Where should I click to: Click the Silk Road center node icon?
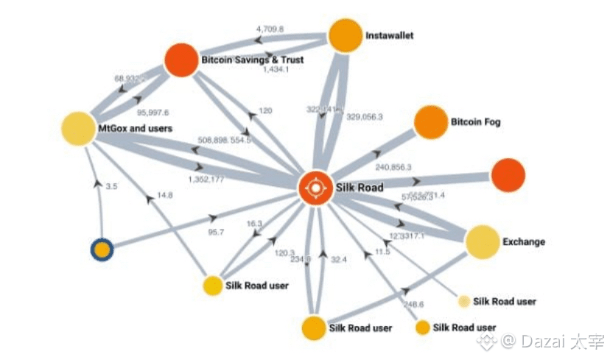tap(315, 187)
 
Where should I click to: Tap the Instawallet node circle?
tap(345, 35)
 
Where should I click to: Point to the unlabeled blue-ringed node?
tap(102, 251)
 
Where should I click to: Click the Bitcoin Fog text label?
tap(475, 122)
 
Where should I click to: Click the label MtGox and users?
tap(135, 129)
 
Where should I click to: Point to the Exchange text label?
tap(524, 241)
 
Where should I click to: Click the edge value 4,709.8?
tap(270, 29)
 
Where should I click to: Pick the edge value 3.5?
tap(112, 187)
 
